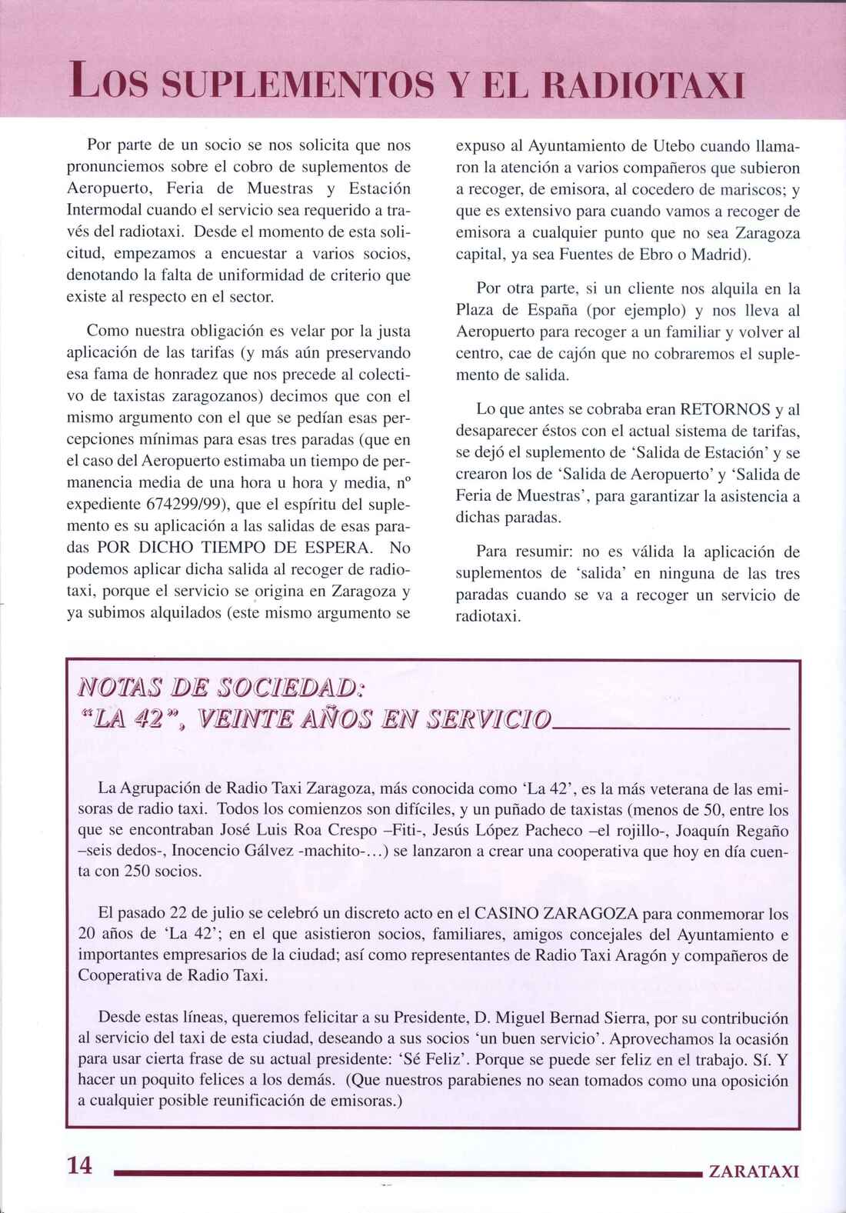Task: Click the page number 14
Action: tap(79, 1165)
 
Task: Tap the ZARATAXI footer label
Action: tap(754, 1171)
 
